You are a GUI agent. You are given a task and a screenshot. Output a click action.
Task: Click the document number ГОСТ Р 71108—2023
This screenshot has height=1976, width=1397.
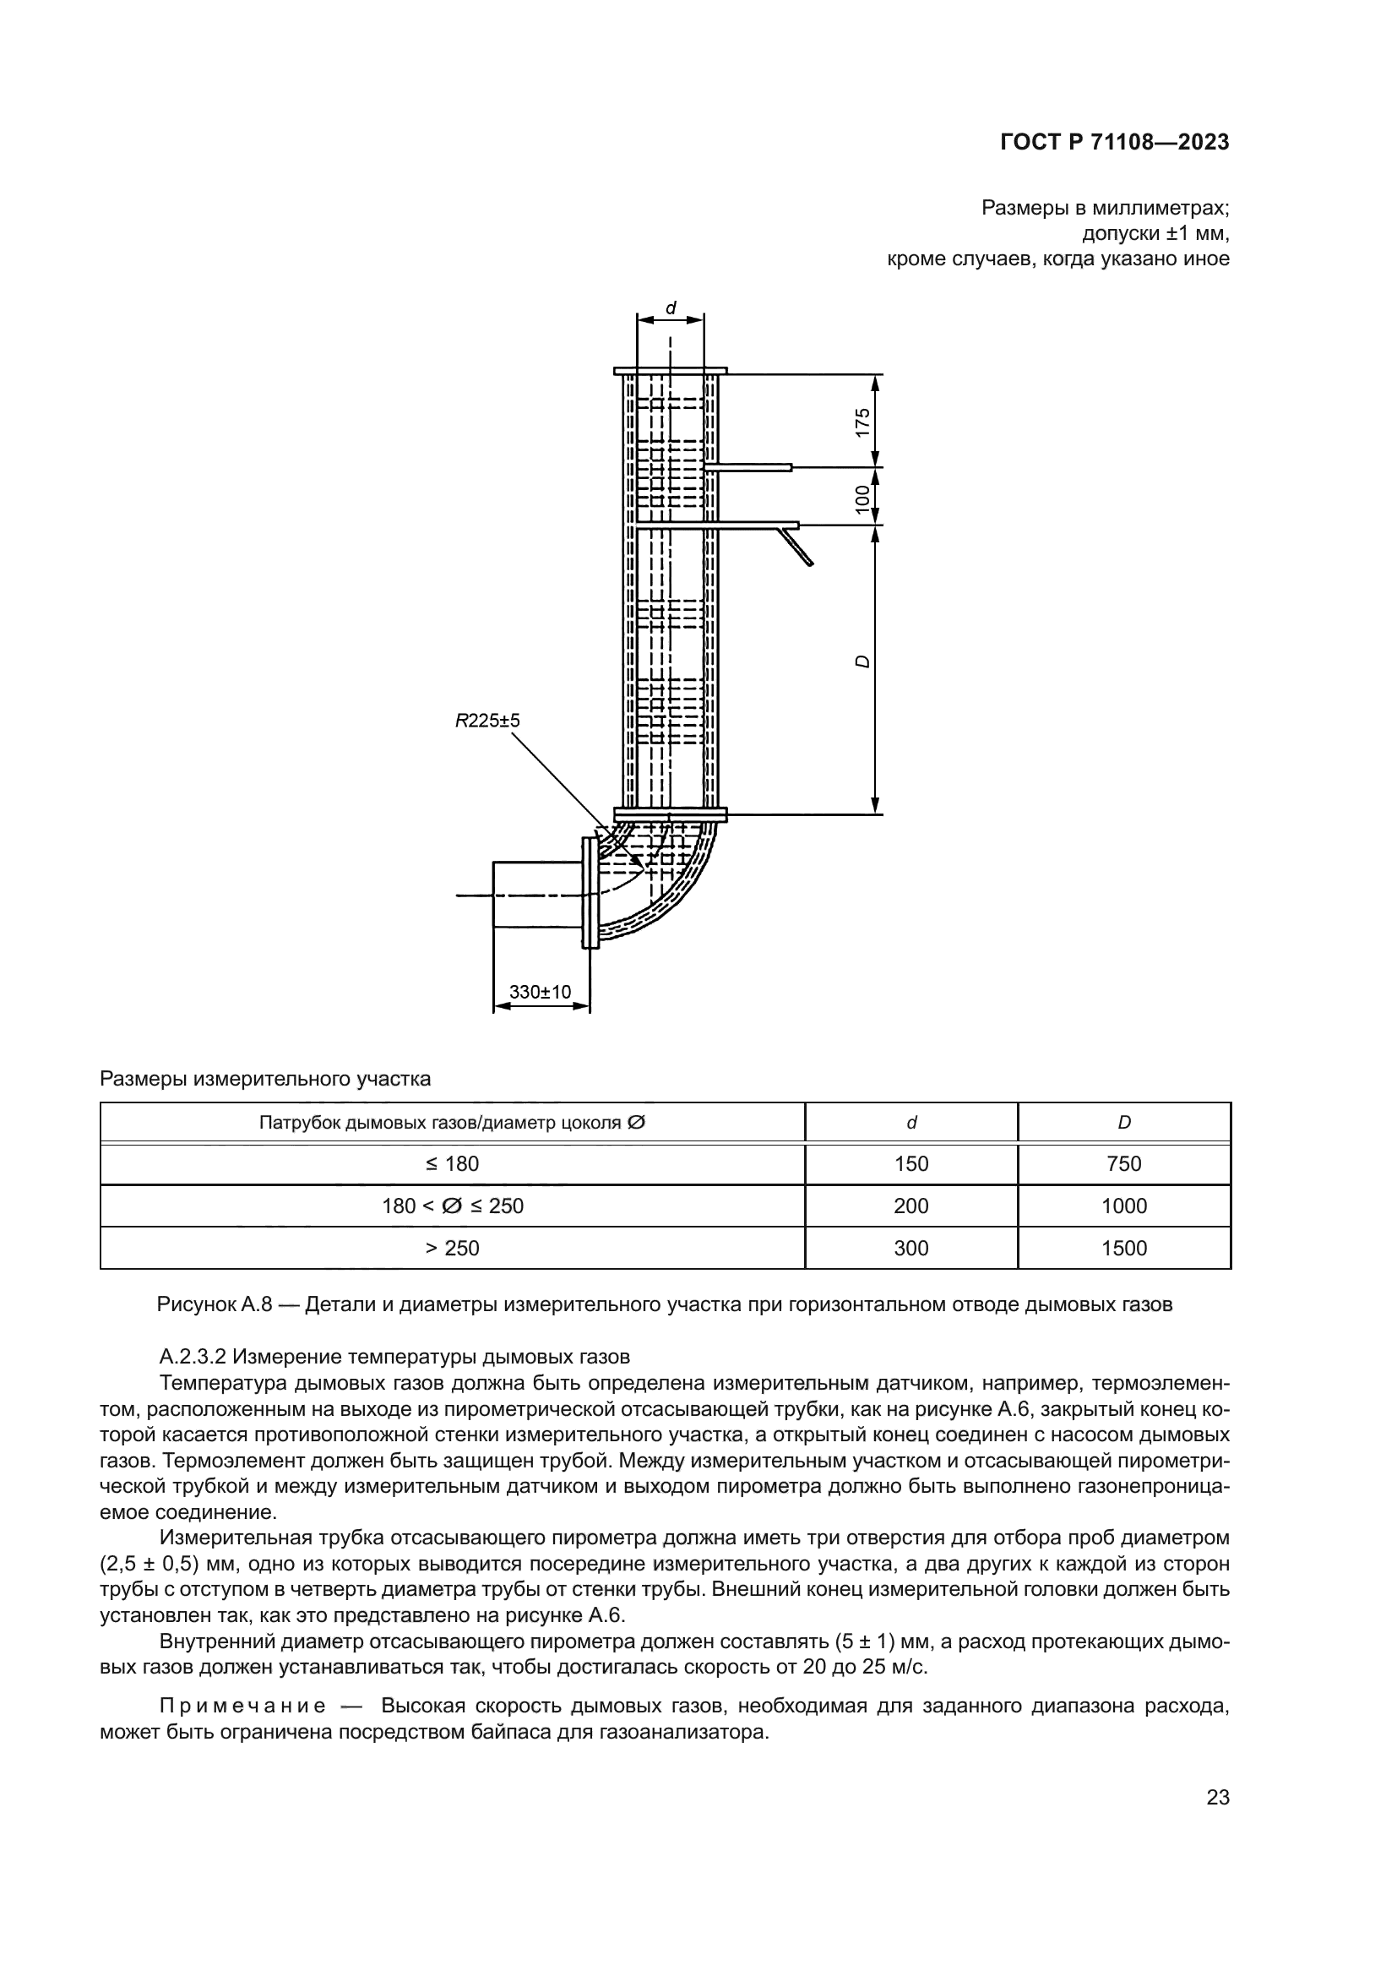1114,143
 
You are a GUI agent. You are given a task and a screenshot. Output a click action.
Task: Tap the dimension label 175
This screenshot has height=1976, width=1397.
863,422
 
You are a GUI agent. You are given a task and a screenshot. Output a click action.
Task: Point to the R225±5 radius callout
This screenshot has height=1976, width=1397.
487,721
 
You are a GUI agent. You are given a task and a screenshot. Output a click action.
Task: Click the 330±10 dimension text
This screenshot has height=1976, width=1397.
541,992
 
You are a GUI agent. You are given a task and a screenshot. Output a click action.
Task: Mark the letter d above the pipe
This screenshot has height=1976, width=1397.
671,308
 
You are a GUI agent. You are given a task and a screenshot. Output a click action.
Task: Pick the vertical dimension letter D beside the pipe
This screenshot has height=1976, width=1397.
863,661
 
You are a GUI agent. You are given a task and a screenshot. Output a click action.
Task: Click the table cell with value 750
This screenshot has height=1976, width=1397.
1123,1163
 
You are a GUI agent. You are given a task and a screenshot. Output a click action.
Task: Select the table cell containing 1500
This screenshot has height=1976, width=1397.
1123,1248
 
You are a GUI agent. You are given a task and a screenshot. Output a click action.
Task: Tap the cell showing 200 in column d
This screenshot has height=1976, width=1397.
911,1206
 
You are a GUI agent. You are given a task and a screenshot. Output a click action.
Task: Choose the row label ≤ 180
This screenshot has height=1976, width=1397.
453,1163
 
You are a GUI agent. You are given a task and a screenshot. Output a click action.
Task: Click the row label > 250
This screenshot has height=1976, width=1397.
453,1248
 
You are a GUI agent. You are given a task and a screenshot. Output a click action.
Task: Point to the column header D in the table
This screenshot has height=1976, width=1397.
1123,1122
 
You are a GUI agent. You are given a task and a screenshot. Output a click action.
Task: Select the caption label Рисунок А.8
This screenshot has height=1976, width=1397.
215,1304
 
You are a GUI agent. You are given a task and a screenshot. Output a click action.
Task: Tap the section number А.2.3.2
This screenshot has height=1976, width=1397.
192,1358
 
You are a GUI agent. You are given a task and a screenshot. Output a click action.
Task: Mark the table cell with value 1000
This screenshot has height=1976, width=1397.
1123,1206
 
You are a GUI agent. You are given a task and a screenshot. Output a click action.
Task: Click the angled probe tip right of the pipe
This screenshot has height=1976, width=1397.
796,547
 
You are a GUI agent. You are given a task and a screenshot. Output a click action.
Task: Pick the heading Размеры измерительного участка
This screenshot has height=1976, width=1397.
265,1078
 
